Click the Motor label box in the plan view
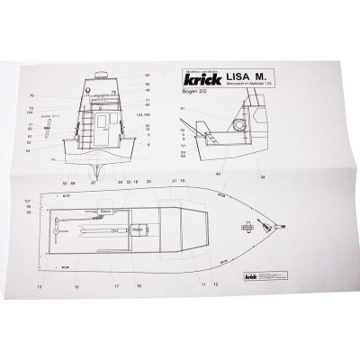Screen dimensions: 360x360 (x=137, y=229)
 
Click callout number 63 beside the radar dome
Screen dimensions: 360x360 (x=147, y=75)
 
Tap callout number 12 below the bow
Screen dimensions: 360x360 (x=215, y=284)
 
